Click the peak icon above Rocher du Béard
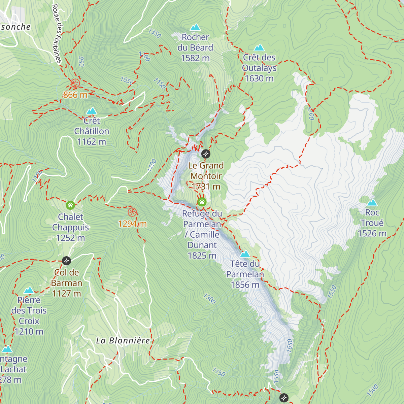195,27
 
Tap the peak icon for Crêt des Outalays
259,48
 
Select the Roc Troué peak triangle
372,203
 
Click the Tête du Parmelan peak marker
245,254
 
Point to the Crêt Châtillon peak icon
92,111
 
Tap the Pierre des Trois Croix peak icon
29,290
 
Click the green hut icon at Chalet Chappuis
70,205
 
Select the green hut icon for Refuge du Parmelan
202,202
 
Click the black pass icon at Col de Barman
67,261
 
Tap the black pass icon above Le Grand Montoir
206,154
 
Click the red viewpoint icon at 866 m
75,83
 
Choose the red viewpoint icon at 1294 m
132,212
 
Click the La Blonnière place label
123,341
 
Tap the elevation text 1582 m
195,58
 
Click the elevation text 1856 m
245,285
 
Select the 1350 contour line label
155,33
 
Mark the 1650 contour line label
290,346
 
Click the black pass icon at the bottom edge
284,398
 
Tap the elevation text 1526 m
372,234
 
